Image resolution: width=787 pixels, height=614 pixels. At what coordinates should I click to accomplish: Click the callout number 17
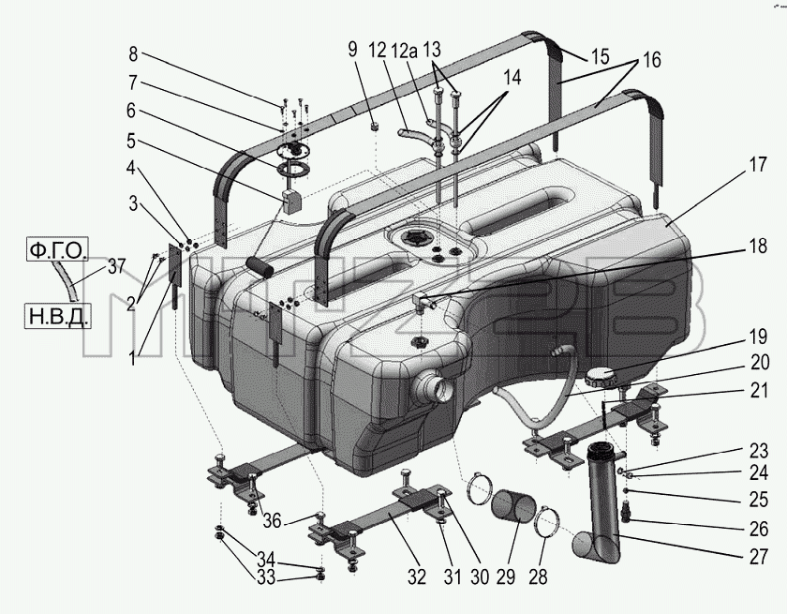[x=757, y=165]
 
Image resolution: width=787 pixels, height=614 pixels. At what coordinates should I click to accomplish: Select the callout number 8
[x=133, y=54]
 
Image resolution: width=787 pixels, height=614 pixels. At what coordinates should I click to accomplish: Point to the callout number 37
[x=116, y=266]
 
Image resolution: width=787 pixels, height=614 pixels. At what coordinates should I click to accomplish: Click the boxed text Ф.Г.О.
[x=57, y=249]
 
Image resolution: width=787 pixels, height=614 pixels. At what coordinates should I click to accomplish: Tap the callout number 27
[x=758, y=556]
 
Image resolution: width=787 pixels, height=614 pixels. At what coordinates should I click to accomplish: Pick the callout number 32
[x=417, y=577]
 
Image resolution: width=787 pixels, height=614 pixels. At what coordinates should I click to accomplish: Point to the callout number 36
[x=272, y=520]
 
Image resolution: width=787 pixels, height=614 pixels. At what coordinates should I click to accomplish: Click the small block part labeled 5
[x=291, y=201]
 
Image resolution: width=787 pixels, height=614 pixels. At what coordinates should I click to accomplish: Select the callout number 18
[x=758, y=247]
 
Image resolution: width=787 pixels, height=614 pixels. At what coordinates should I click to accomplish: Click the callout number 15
[x=600, y=56]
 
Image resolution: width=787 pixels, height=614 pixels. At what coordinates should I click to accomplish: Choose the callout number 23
[x=758, y=450]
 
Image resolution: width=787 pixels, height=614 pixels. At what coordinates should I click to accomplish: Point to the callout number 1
[x=133, y=359]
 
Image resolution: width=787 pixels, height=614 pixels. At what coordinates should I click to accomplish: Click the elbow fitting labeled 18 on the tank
[x=421, y=302]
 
